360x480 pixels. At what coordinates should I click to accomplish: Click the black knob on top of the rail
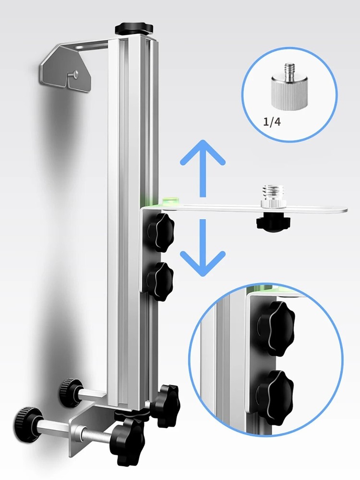coord(133,28)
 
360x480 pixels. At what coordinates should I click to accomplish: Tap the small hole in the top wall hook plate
coord(76,73)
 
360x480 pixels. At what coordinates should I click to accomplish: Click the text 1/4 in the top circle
coord(272,122)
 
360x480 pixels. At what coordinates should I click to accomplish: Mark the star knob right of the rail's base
coord(165,405)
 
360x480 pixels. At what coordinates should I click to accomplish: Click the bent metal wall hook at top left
coord(67,68)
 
